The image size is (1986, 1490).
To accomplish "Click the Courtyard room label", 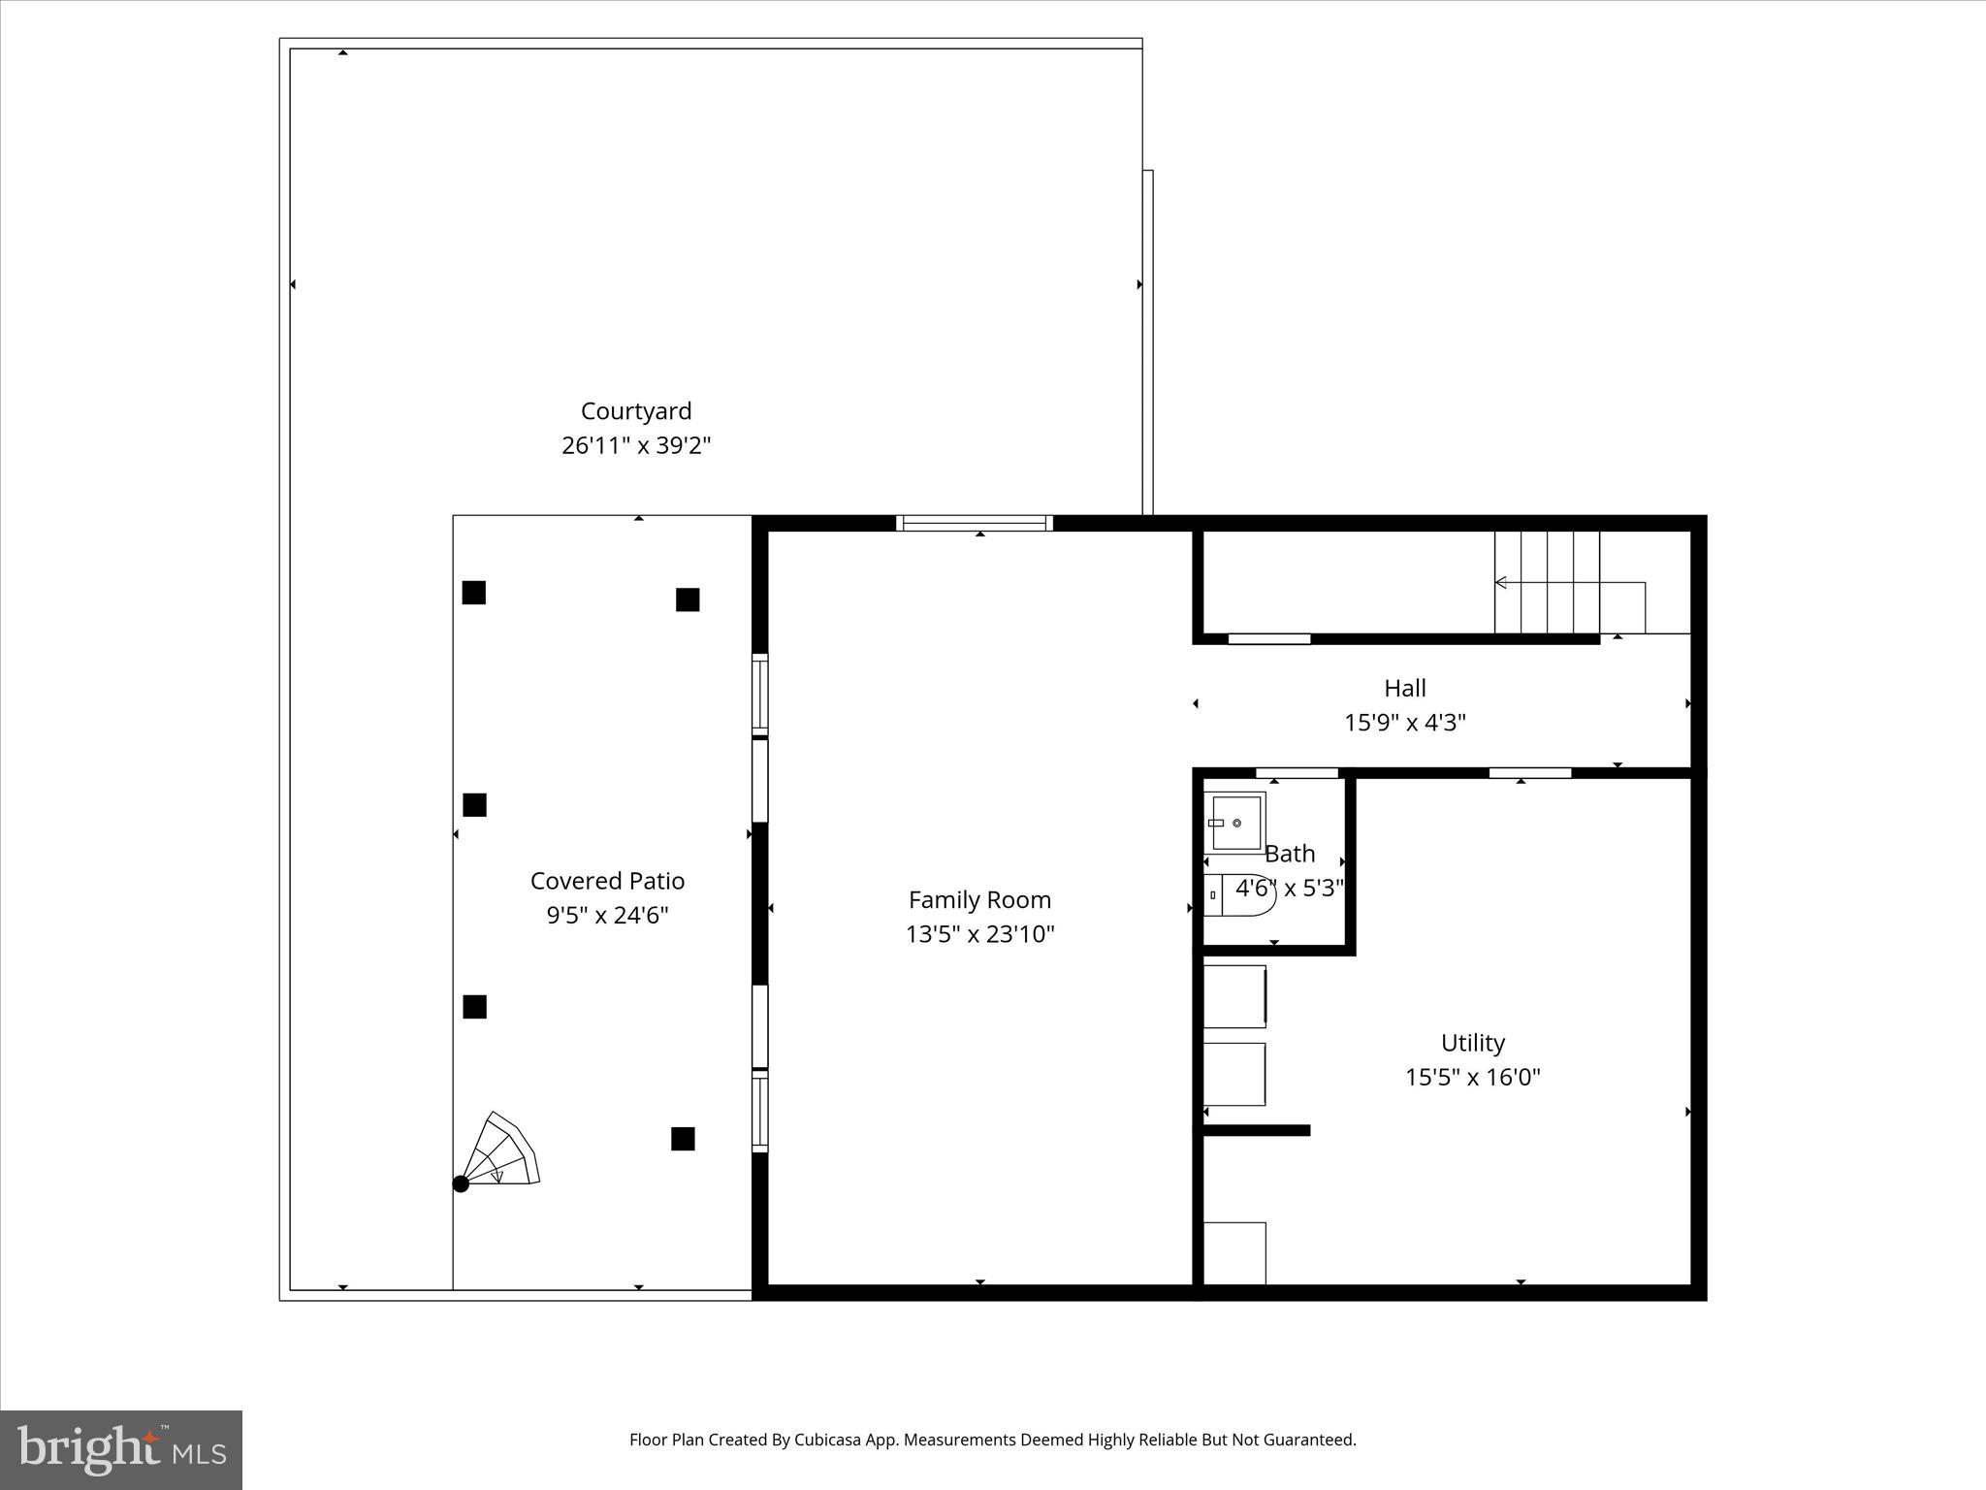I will pos(636,411).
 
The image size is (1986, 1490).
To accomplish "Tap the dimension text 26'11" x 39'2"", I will pos(636,446).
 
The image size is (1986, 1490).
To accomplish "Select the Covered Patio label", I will pos(607,881).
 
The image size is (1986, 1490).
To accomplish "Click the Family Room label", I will pos(979,900).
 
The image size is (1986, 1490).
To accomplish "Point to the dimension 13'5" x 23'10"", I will pos(979,934).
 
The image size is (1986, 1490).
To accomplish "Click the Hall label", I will pos(1404,689).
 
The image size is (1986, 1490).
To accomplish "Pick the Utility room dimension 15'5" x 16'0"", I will pos(1472,1077).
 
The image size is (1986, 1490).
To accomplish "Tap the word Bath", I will pos(1290,854).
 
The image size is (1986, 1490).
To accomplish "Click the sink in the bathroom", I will pos(1234,823).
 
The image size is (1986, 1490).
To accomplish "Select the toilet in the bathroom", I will pos(1241,894).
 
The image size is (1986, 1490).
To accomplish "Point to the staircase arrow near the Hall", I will pos(1501,583).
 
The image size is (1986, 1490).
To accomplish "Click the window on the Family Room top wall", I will pos(975,523).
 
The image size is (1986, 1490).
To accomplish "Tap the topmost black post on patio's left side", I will pos(473,593).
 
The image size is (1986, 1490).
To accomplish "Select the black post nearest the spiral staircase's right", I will pos(683,1139).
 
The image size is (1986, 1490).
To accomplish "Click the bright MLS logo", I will pos(121,1449).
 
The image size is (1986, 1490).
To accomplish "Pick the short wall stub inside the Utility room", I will pos(1257,1130).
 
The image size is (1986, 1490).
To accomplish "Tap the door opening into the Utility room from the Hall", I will pos(1529,773).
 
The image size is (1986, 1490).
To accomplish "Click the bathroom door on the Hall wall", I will pos(1297,773).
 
